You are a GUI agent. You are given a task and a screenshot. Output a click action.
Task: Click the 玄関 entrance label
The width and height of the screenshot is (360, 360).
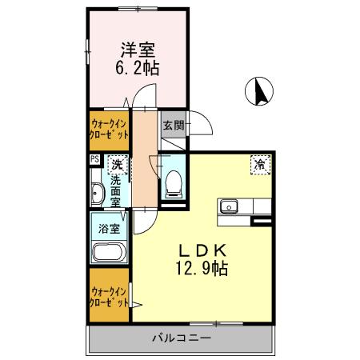(x=174, y=125)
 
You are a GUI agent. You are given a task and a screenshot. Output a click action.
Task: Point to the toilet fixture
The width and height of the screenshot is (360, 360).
(x=173, y=183)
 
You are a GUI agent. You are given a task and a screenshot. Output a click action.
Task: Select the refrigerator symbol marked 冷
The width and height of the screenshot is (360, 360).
(x=262, y=163)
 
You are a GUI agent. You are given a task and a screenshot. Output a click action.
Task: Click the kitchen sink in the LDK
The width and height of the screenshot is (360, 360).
(x=230, y=206)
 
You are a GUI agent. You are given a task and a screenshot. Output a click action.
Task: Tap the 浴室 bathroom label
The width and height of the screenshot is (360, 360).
(x=110, y=228)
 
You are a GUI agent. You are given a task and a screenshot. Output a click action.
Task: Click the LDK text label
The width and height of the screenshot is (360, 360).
(x=203, y=250)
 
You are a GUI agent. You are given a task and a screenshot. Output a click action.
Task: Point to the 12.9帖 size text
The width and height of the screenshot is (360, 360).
(x=203, y=269)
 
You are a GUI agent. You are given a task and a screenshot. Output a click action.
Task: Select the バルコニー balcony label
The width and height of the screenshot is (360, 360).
(x=182, y=338)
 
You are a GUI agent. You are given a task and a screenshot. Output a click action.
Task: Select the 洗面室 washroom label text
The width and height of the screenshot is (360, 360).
(x=117, y=191)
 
